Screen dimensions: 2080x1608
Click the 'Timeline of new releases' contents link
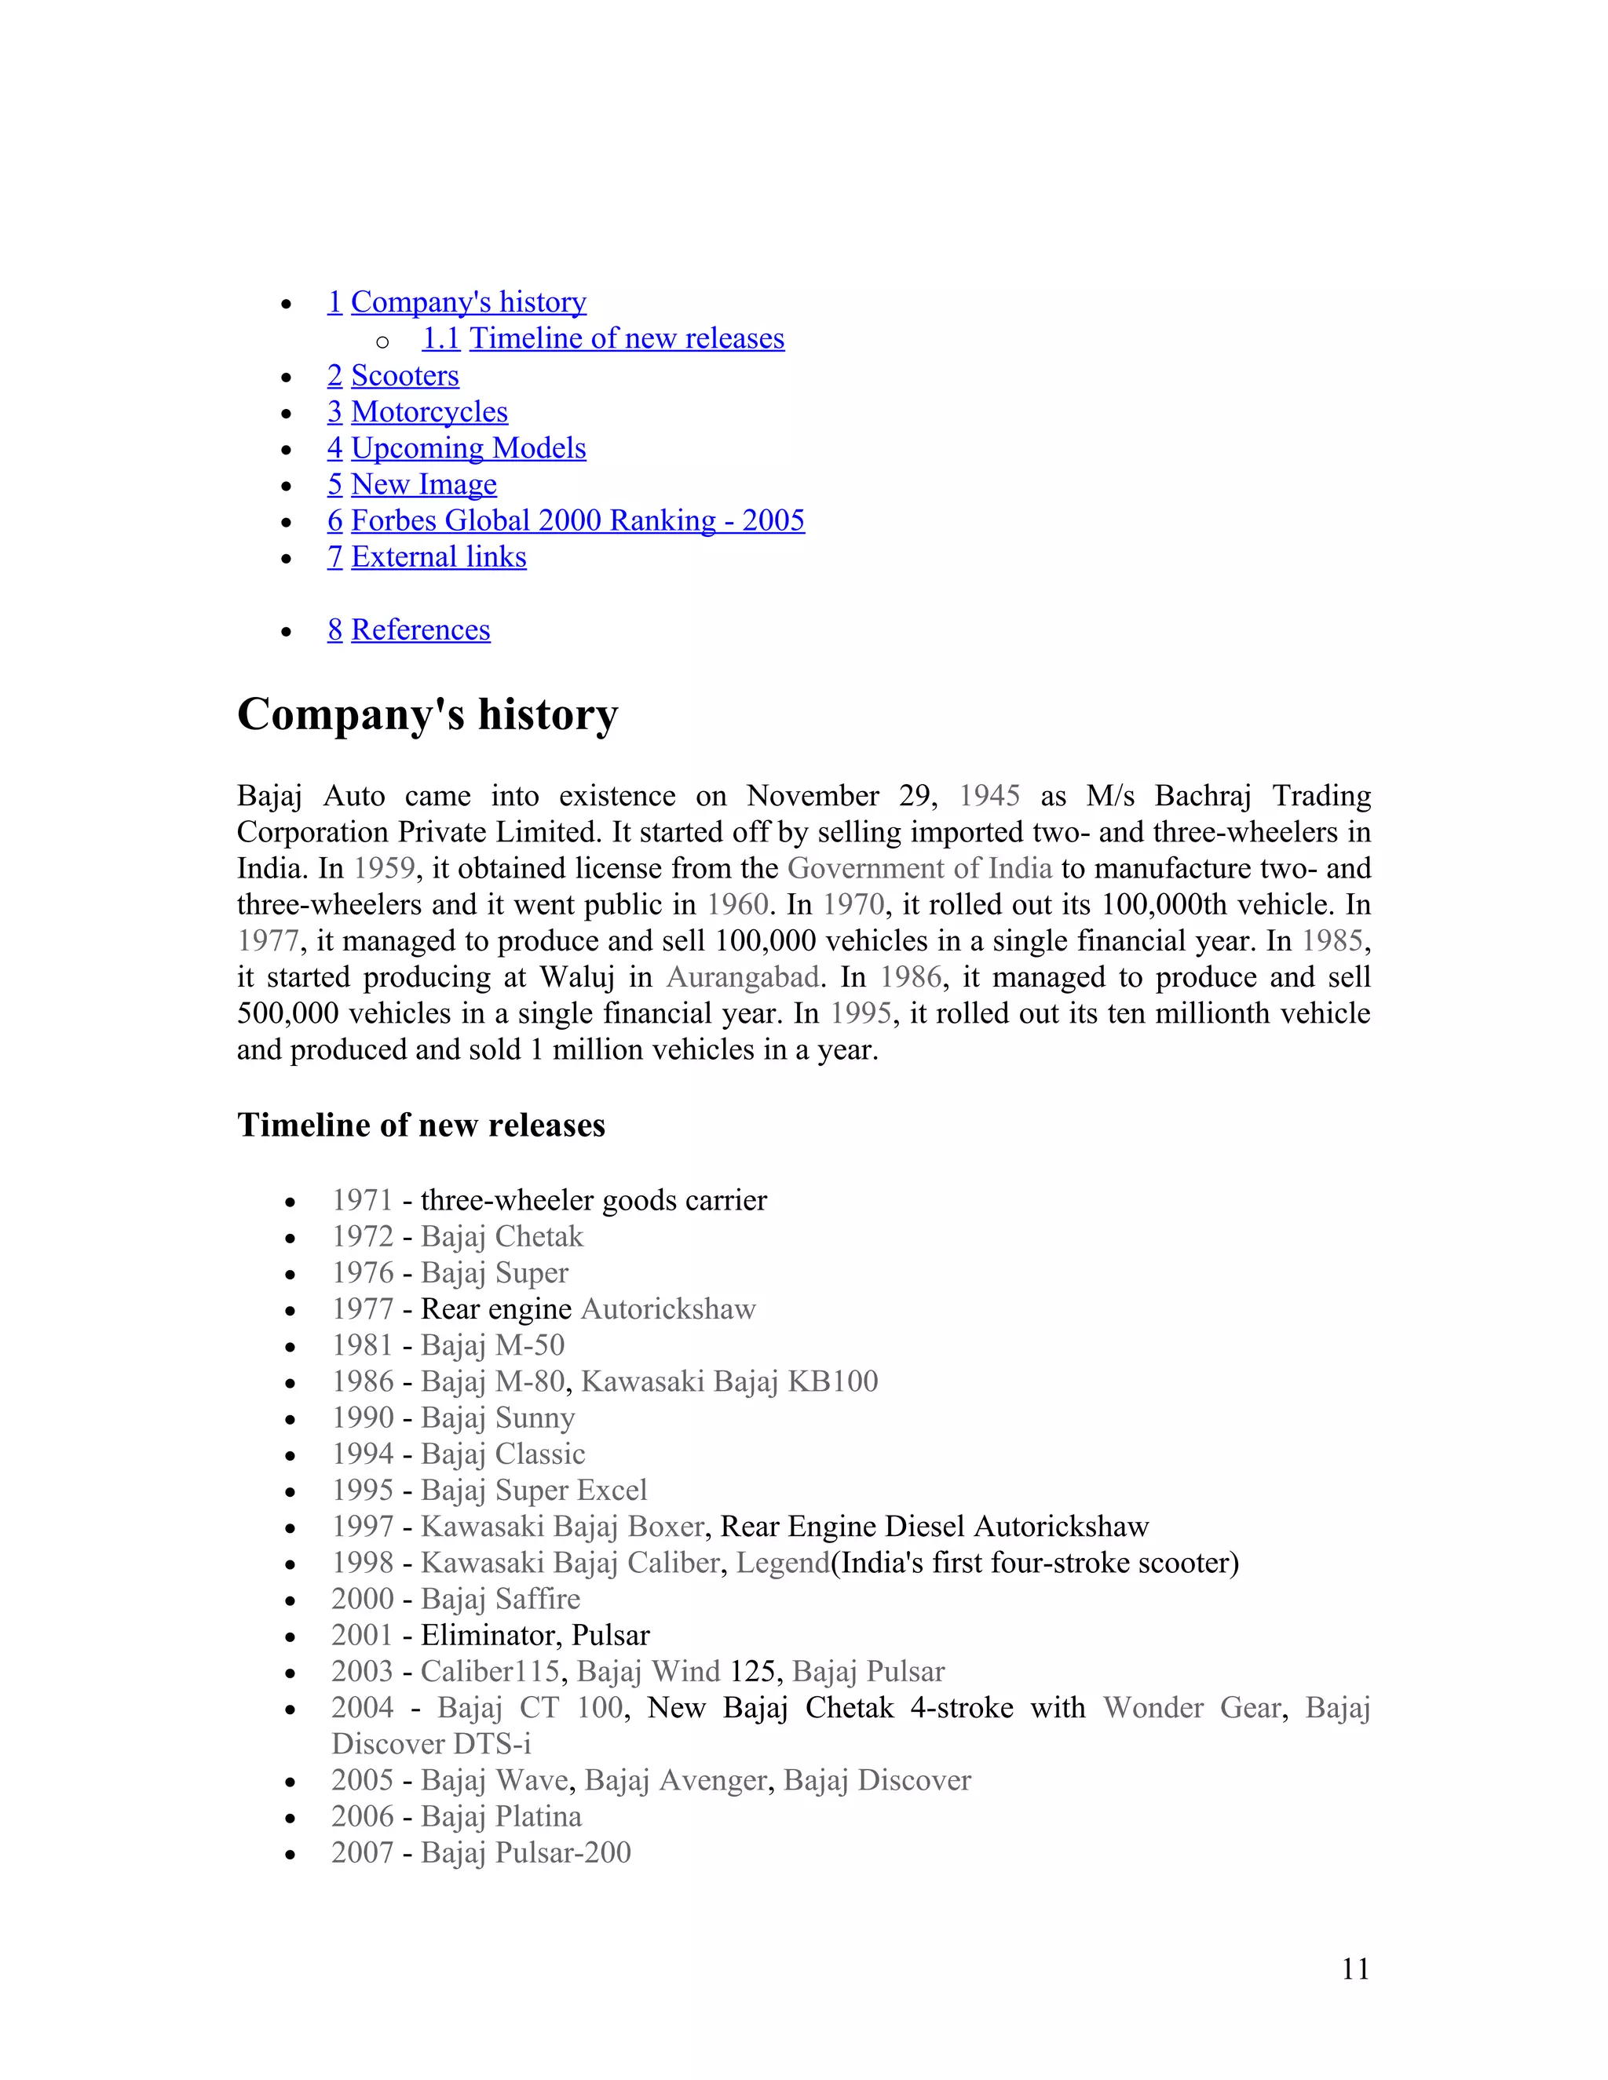click(626, 338)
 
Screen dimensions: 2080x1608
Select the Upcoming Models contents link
click(468, 447)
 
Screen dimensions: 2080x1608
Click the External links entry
click(438, 556)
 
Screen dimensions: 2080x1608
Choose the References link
click(420, 629)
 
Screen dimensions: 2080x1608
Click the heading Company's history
click(427, 714)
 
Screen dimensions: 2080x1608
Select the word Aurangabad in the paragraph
click(742, 976)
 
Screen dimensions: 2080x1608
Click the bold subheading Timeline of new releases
click(420, 1125)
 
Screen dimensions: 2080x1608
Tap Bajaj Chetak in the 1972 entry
click(501, 1236)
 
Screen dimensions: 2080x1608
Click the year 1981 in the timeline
click(362, 1345)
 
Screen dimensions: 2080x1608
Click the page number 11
click(1354, 1969)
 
